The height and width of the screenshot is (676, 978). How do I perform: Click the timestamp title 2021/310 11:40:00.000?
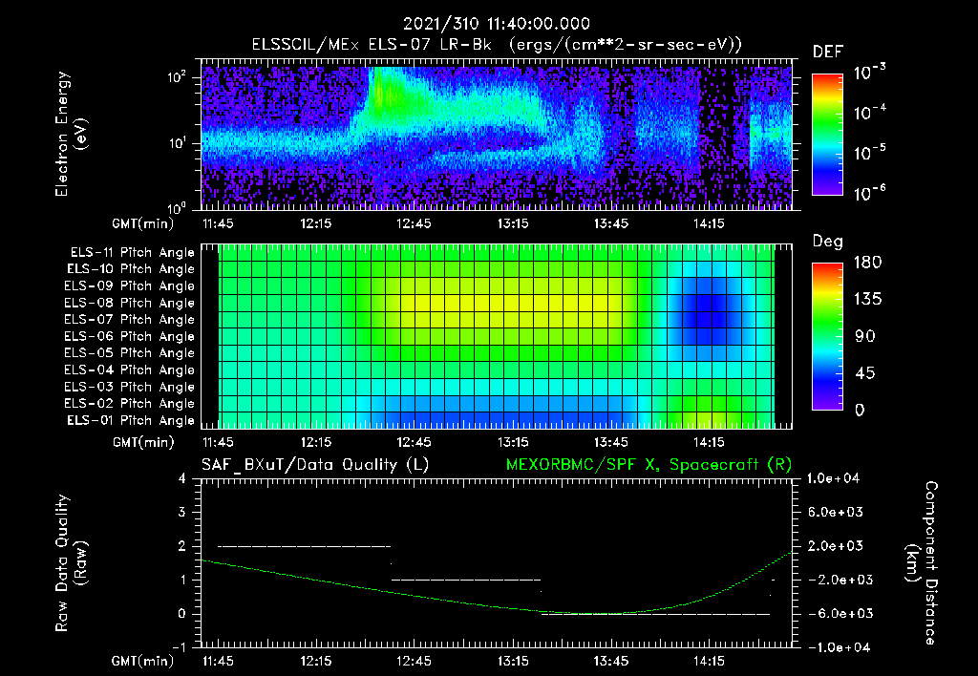496,24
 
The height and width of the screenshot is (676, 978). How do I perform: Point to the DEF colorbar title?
827,52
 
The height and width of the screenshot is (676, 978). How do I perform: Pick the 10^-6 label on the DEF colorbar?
869,194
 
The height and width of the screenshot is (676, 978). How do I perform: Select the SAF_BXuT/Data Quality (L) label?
314,465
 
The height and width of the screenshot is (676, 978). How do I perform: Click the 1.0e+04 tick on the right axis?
837,478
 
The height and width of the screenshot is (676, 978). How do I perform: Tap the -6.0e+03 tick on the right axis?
837,613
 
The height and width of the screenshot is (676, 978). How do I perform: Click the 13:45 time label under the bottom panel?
611,661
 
